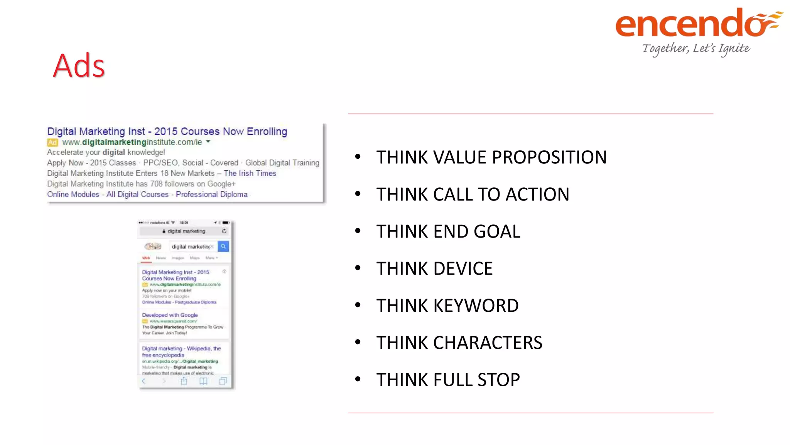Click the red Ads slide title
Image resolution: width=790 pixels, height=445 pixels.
tap(79, 66)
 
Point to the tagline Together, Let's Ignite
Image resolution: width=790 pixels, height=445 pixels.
tap(696, 49)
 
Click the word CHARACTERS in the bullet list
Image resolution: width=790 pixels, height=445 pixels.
tap(488, 343)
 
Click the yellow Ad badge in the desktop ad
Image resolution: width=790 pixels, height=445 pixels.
tap(52, 143)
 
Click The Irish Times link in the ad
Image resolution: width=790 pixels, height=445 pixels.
tap(250, 173)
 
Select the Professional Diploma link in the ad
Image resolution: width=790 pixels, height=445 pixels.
tap(212, 194)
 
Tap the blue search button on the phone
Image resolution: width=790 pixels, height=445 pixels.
tap(223, 246)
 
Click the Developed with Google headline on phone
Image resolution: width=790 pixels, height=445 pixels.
tap(170, 315)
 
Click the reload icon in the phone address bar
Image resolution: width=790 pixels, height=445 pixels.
tap(224, 231)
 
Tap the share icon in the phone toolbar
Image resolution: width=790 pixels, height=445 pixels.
tap(184, 381)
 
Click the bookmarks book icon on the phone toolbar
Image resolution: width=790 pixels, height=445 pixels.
tap(203, 381)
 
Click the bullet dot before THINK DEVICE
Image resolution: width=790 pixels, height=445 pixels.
tap(358, 268)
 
